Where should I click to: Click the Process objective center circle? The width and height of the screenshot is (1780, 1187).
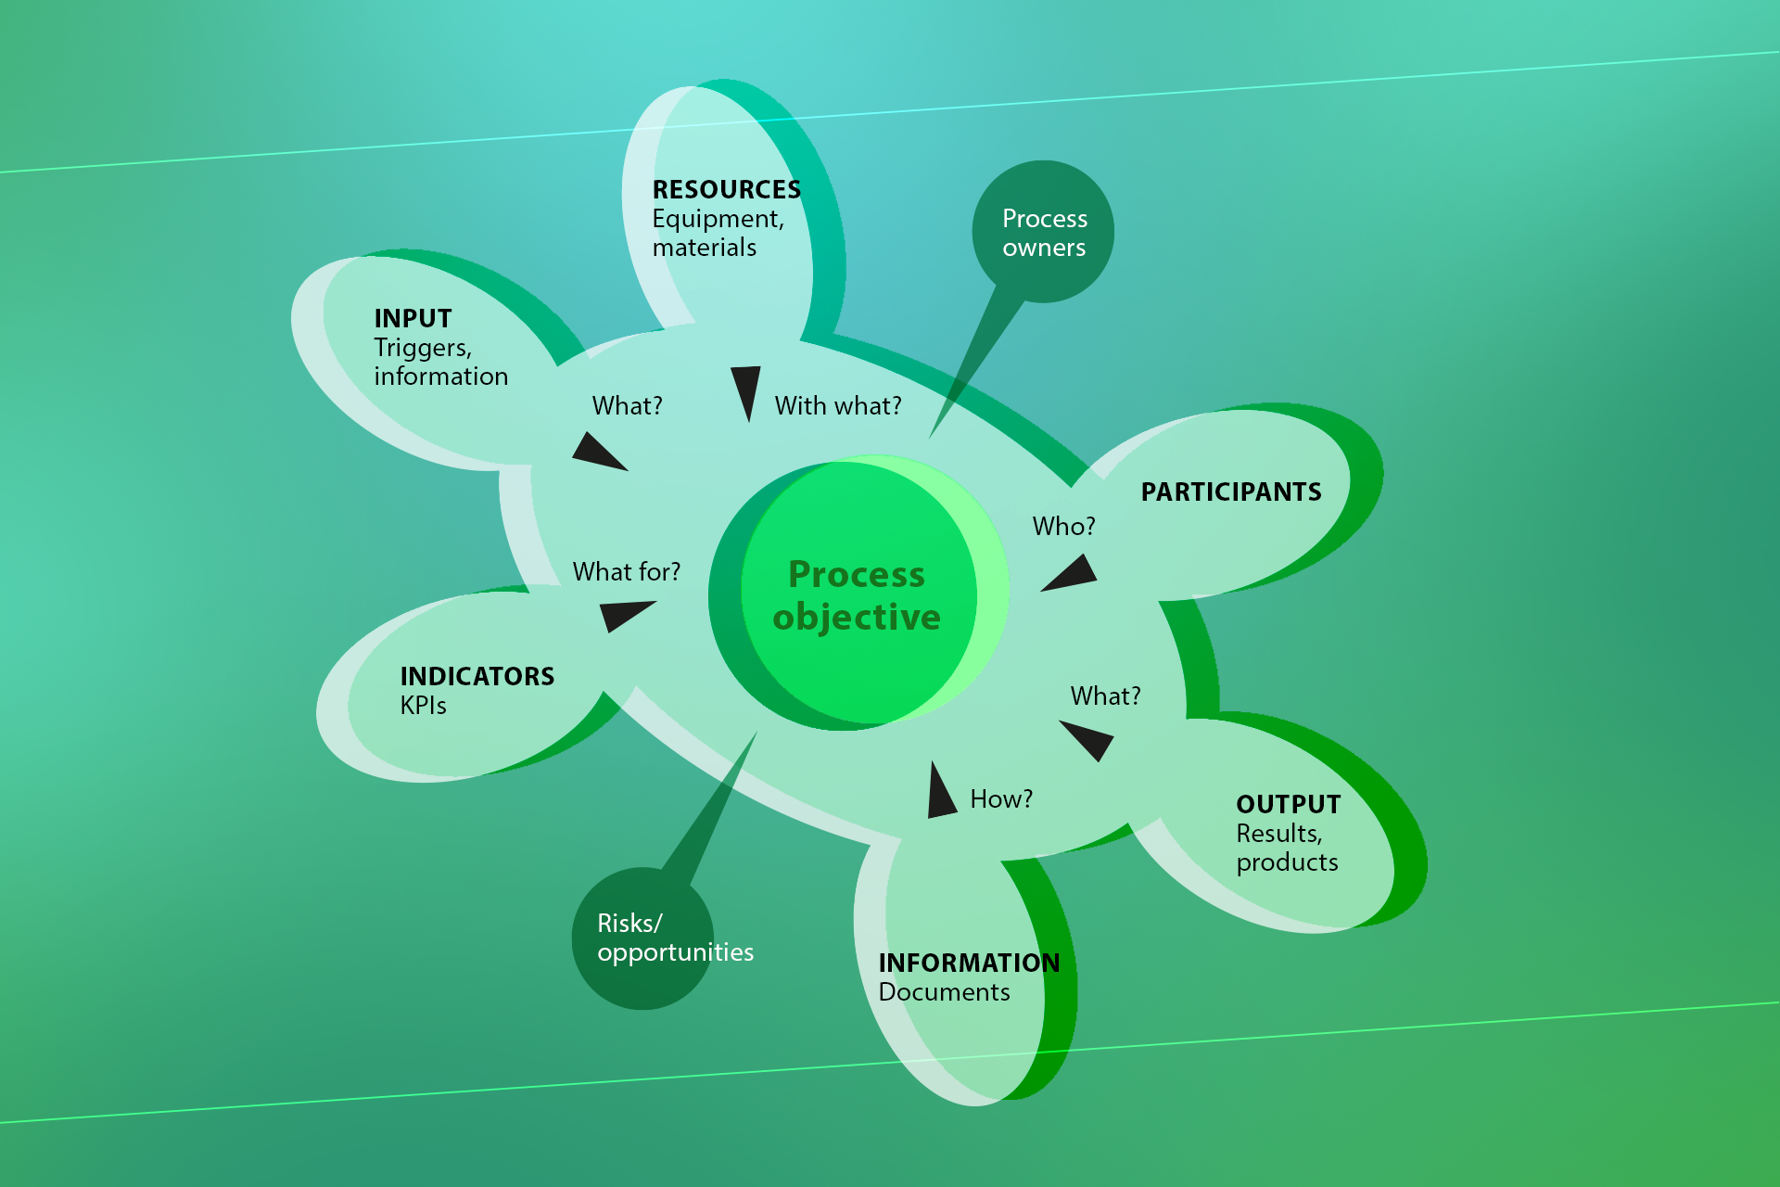coord(858,593)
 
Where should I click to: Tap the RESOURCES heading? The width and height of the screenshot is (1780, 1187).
coord(727,189)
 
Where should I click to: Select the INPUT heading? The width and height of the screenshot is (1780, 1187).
coord(413,318)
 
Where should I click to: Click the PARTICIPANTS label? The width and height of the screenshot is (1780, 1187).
coord(1231,491)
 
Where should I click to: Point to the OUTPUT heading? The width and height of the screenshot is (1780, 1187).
coord(1289,804)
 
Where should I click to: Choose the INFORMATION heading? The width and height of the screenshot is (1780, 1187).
coord(969,963)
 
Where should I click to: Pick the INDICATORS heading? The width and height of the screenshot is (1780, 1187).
coord(477,676)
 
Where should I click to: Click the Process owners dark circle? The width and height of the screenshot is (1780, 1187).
coord(1043,232)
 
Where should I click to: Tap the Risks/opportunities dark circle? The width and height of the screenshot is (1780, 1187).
coord(642,938)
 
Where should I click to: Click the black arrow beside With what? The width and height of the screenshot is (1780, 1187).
coord(745,389)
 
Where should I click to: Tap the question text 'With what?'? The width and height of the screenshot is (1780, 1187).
coord(838,405)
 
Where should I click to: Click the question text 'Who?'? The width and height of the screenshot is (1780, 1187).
coord(1064,526)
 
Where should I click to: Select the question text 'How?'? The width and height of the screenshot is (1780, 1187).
coord(1001,798)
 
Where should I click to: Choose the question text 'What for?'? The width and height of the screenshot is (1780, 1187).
coord(627,571)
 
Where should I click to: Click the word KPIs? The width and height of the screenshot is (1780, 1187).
coord(424,706)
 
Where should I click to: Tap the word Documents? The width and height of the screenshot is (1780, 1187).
coord(944,992)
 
